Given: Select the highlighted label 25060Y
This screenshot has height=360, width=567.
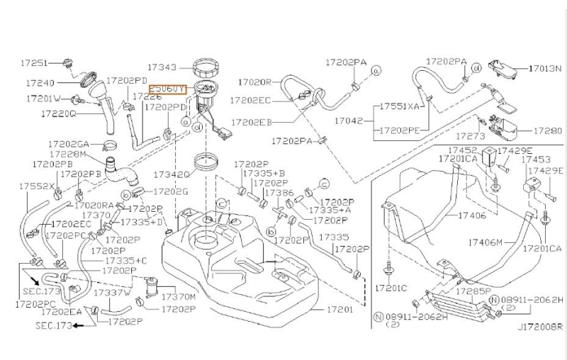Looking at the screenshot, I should pyautogui.click(x=167, y=89).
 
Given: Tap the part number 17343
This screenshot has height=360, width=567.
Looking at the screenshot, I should pyautogui.click(x=163, y=67).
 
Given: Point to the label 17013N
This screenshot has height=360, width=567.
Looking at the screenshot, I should pyautogui.click(x=545, y=69).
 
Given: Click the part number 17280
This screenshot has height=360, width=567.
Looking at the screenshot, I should pyautogui.click(x=547, y=131).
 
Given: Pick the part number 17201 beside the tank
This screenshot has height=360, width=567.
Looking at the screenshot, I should pyautogui.click(x=340, y=310).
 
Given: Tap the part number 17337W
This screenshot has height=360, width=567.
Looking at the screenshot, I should pyautogui.click(x=113, y=292).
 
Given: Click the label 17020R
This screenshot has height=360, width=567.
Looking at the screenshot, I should pyautogui.click(x=255, y=82).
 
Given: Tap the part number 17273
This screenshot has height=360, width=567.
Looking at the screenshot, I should pyautogui.click(x=469, y=135).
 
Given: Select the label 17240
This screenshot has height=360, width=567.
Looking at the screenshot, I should pyautogui.click(x=40, y=82).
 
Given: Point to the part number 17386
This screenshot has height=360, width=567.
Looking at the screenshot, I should pyautogui.click(x=279, y=192).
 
